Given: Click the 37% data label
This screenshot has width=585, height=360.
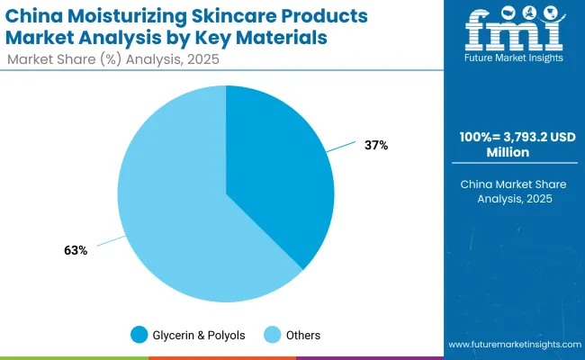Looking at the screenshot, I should [375, 145].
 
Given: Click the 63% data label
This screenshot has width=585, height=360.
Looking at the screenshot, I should [75, 250].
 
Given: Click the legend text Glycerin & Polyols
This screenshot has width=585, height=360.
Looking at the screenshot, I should [199, 335].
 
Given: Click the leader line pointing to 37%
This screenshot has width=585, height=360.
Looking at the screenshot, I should [342, 146].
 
